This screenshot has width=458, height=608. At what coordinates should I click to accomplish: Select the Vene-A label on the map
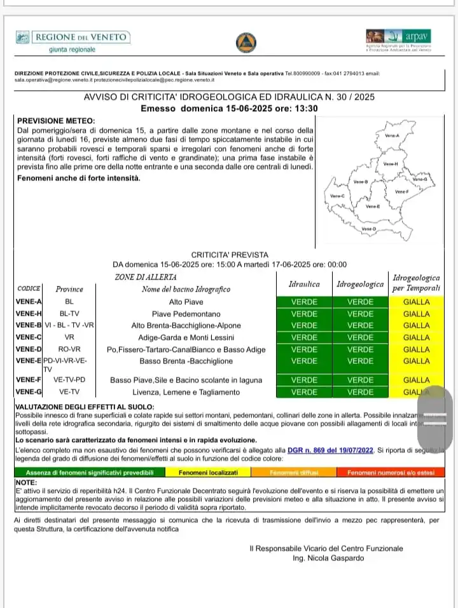click(392, 136)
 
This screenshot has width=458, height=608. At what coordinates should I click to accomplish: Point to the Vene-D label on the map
click(368, 229)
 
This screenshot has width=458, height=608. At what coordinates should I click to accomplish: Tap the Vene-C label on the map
click(337, 196)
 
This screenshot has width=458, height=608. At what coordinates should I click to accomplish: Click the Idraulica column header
click(304, 285)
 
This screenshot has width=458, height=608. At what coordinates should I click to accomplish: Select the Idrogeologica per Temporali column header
click(417, 284)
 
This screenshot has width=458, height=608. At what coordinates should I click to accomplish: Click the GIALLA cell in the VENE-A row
click(417, 302)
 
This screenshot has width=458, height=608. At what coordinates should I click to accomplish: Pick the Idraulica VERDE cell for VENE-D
click(304, 349)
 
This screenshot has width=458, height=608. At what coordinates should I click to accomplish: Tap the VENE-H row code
click(29, 314)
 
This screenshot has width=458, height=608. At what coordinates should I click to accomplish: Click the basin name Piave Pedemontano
click(186, 314)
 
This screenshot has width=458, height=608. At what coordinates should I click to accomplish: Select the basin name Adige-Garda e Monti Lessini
click(186, 337)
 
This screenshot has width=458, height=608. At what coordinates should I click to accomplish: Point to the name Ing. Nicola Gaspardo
click(330, 558)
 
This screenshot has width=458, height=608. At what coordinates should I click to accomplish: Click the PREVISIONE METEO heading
click(55, 121)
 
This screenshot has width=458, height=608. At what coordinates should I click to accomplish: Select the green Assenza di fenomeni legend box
click(90, 473)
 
